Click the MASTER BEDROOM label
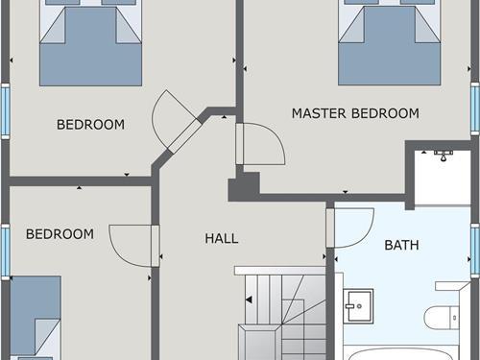pos(355,113)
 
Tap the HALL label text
pos(222,238)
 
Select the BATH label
pos(401,245)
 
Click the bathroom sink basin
pos(358,306)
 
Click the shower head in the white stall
pos(444,155)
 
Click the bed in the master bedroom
pos(390,42)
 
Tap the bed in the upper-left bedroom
pos(90,42)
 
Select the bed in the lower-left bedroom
pos(36,318)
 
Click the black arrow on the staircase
pos(249,300)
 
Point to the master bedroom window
pos(475,108)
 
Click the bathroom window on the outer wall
pos(475,251)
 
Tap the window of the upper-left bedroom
pos(6,111)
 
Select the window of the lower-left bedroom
pos(6,252)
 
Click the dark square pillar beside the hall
pos(244,187)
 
